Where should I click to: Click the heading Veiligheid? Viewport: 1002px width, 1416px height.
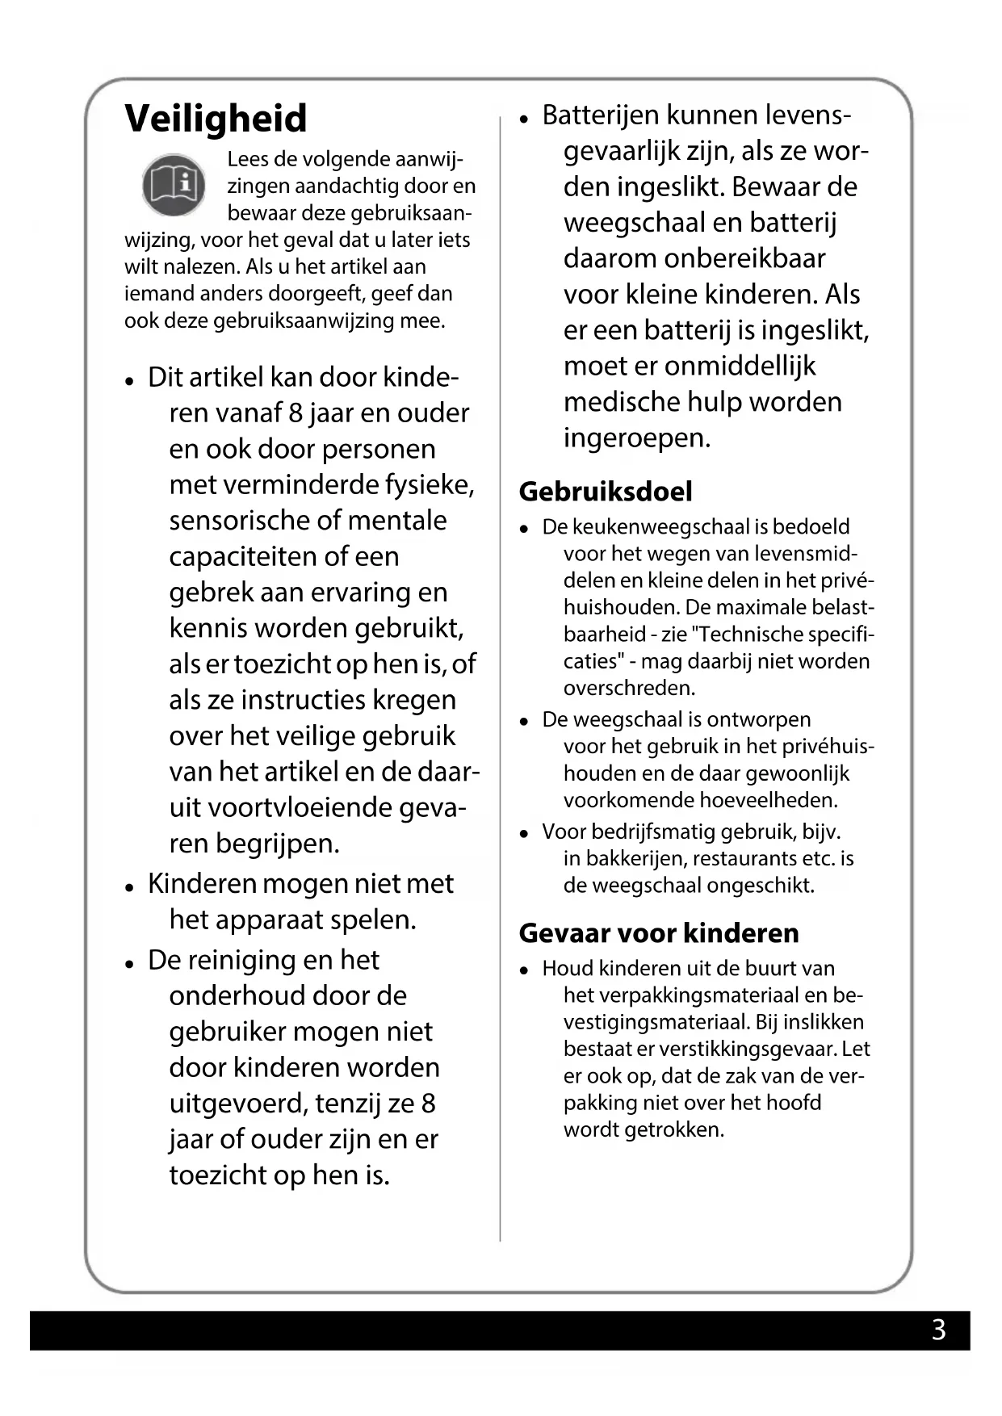216,118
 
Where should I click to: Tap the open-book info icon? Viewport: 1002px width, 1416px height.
174,185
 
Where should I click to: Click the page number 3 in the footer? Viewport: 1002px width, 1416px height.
938,1330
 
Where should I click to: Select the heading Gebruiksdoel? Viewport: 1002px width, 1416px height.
606,492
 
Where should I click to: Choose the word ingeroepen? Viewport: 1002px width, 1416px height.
637,438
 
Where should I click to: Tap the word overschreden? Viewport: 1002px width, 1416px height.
629,689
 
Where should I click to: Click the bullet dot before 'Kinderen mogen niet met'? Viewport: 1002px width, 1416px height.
129,886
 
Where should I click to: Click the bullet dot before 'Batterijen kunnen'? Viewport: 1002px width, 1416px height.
524,118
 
